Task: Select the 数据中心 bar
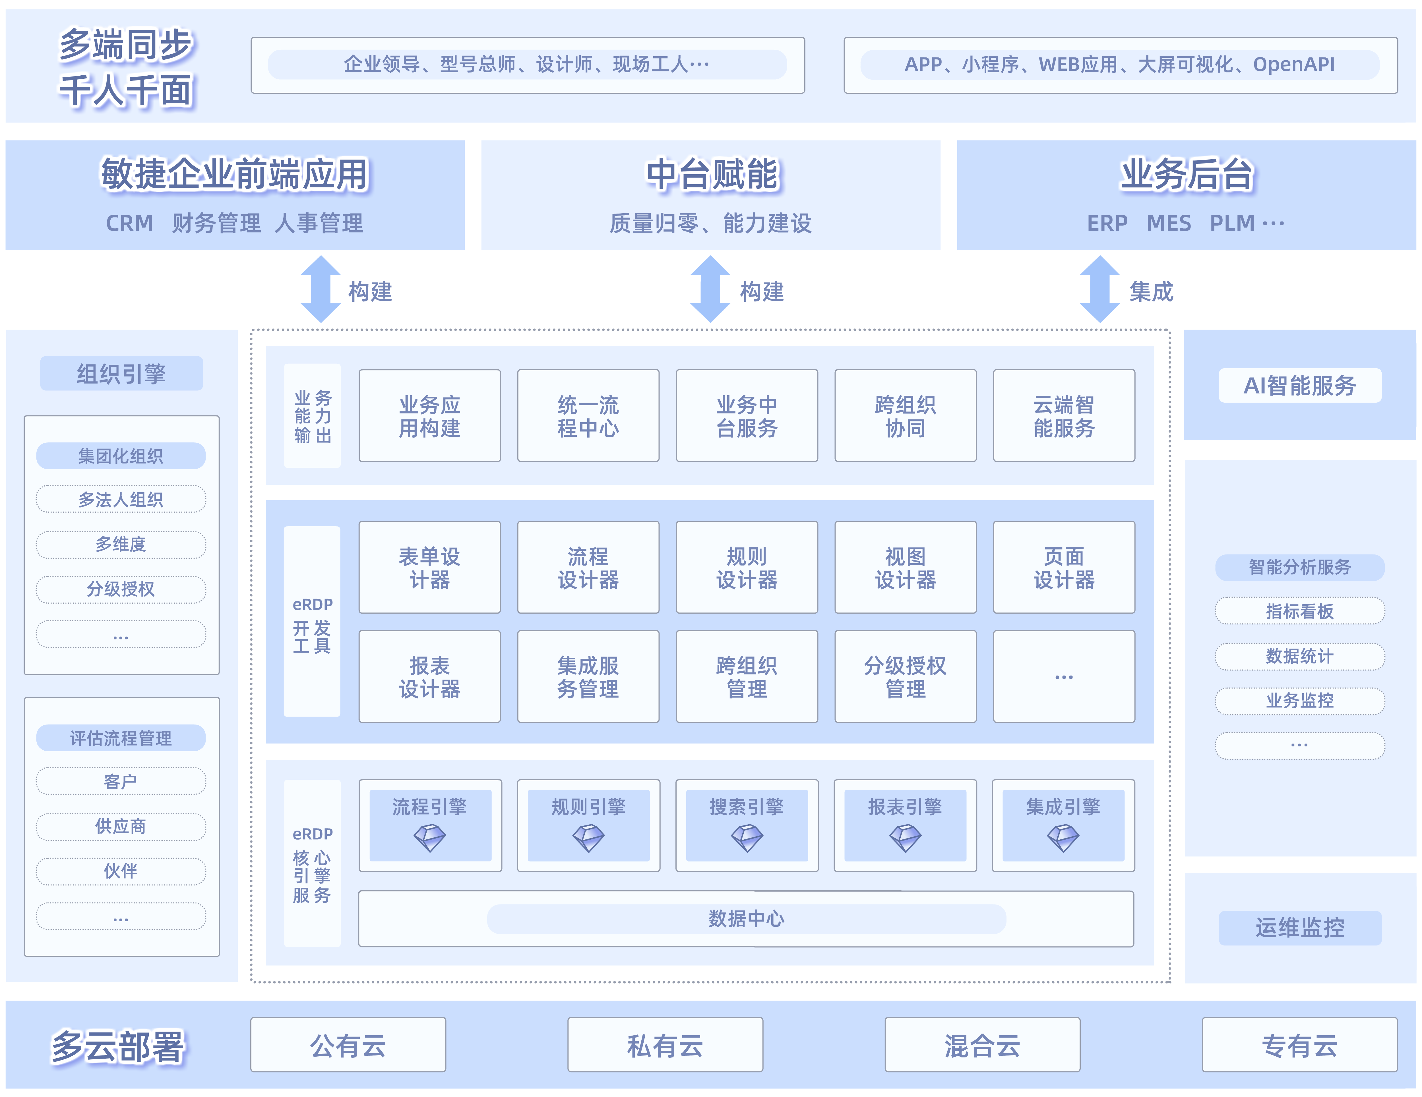click(746, 919)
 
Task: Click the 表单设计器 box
click(430, 567)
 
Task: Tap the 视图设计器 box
click(905, 567)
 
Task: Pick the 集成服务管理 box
click(588, 676)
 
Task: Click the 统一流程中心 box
click(588, 416)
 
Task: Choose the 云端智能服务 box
click(1064, 416)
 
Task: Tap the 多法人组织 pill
click(121, 499)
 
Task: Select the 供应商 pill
click(121, 826)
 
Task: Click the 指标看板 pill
click(1300, 611)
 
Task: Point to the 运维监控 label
click(1300, 927)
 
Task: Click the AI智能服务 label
click(1300, 385)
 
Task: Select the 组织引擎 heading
click(121, 374)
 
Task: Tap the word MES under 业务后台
click(1169, 223)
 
